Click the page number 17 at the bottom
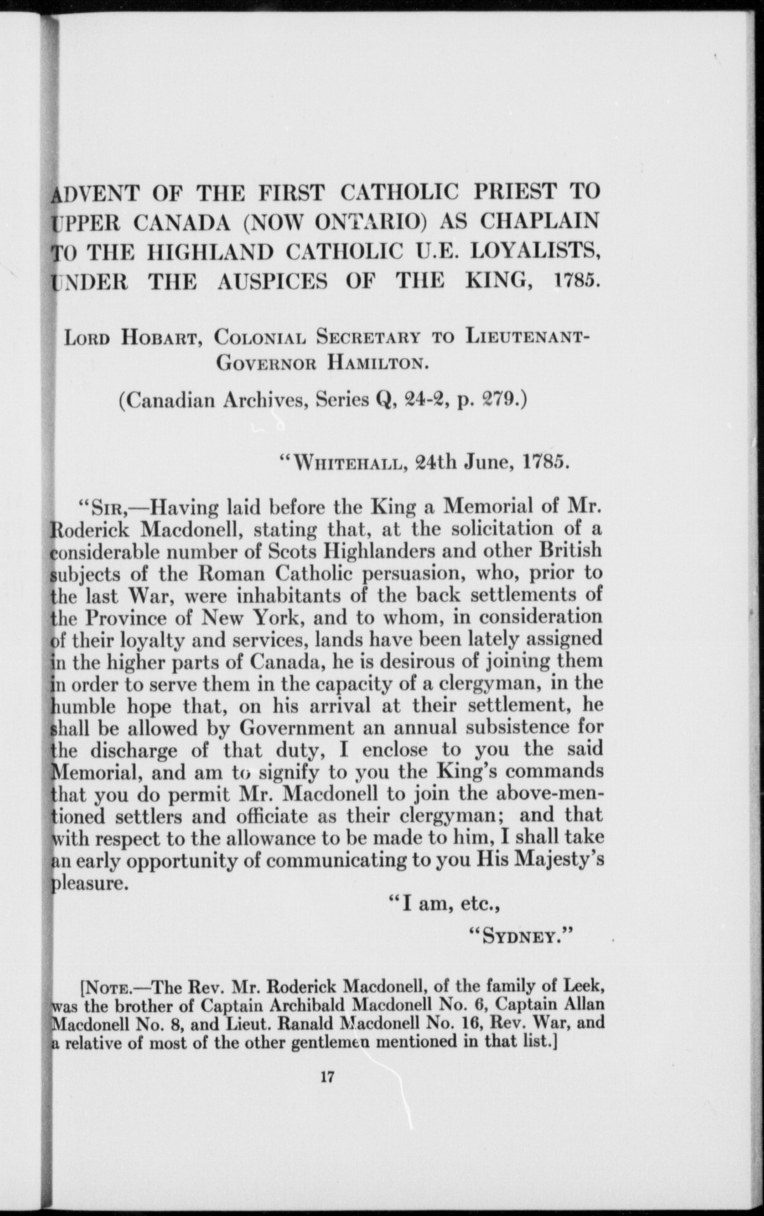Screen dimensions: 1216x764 [327, 1077]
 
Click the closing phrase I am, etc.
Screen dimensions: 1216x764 [444, 903]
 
